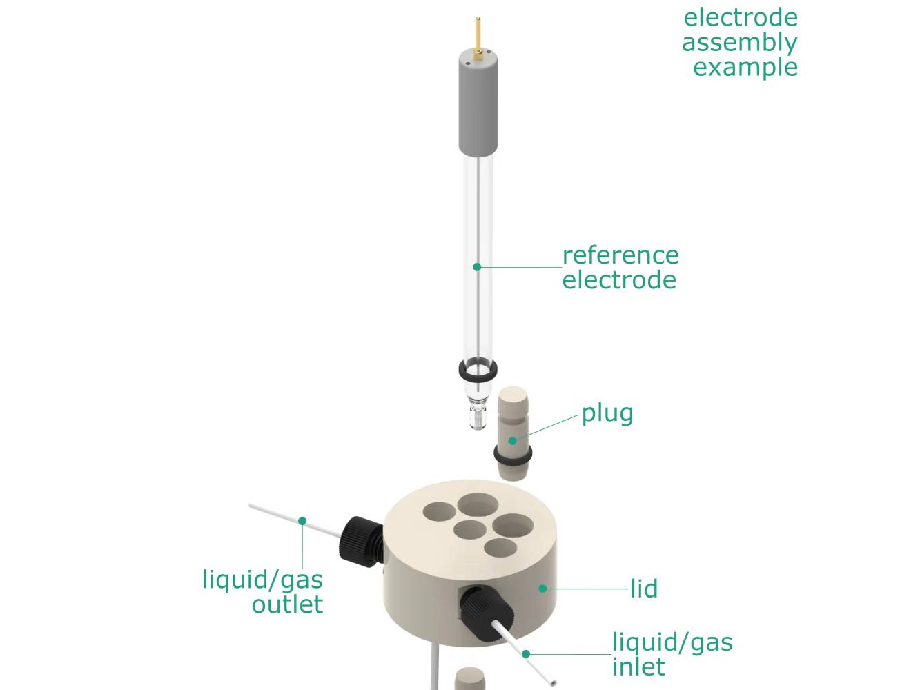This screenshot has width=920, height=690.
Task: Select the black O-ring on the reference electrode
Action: point(478,371)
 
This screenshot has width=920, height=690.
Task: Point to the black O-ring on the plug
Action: point(513,456)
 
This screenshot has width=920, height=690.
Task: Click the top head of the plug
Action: point(513,400)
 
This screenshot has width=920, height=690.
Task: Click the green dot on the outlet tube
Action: point(302,521)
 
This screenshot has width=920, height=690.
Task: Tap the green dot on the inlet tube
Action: point(526,653)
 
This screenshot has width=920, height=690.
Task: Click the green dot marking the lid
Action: point(542,589)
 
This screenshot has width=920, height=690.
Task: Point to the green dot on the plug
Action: point(512,440)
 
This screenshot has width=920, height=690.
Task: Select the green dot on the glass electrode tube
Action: point(476,266)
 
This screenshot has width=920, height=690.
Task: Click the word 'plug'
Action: point(607,414)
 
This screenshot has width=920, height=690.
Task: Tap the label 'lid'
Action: point(643,589)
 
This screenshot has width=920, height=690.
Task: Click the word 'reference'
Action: point(620,255)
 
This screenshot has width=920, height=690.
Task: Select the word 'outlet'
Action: point(287,604)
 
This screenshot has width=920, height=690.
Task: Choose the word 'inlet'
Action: point(638,667)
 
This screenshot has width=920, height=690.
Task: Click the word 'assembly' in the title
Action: point(739,43)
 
